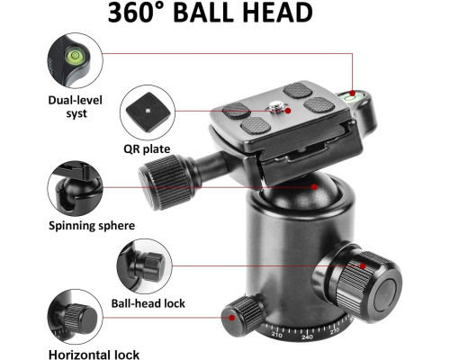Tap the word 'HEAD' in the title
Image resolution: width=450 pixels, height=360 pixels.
[x=277, y=13]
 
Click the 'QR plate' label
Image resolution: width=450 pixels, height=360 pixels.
[x=147, y=149]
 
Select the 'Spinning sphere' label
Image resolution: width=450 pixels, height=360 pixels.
[x=92, y=226]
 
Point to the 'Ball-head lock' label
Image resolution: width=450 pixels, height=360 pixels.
[x=148, y=303]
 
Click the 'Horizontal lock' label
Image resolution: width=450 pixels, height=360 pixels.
[x=94, y=355]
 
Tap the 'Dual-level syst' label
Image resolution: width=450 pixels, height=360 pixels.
[x=76, y=107]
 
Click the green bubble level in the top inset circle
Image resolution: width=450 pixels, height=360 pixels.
[x=74, y=56]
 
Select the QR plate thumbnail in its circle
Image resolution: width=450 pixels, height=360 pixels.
[x=148, y=112]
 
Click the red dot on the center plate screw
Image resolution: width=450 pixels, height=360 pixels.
[x=288, y=111]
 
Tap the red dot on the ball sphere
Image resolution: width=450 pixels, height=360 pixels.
[x=314, y=187]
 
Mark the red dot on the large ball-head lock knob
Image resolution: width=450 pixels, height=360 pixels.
[x=363, y=266]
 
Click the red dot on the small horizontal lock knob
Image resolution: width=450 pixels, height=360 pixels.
[x=232, y=318]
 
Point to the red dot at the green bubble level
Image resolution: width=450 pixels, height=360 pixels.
[x=353, y=93]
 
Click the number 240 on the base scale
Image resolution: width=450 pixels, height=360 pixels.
[x=307, y=337]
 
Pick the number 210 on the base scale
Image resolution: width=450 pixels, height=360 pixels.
[x=276, y=335]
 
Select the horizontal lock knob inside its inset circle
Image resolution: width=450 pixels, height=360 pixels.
[x=79, y=319]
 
